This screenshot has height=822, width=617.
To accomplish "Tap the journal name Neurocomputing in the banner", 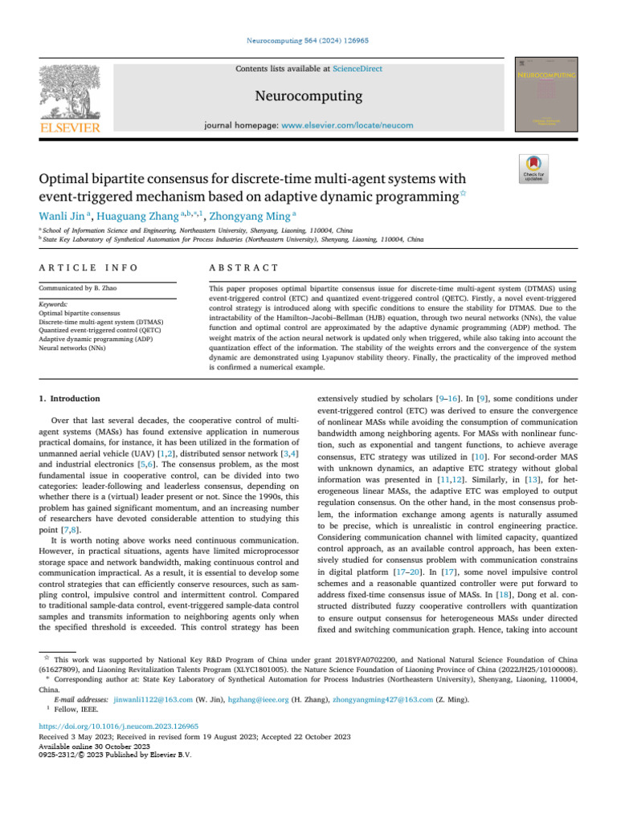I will point(308,97).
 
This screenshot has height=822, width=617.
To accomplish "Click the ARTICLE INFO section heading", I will point(88,267).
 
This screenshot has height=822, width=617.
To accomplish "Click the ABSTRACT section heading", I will point(243,267).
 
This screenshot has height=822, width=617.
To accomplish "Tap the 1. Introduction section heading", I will point(70,398).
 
